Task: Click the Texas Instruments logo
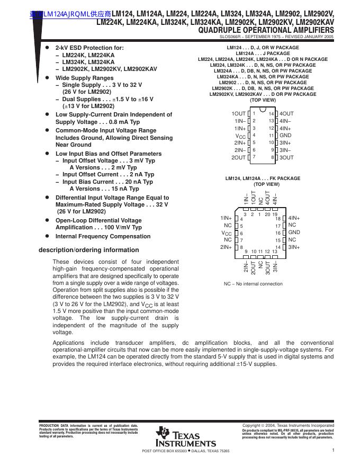[x=185, y=436]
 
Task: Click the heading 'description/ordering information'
[x=89, y=250]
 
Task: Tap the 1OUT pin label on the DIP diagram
[x=238, y=114]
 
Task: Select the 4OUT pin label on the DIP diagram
[x=286, y=114]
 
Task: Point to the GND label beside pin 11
[x=286, y=136]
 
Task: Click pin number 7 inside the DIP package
[x=254, y=157]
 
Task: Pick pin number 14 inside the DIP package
[x=271, y=114]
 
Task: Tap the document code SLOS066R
[x=230, y=38]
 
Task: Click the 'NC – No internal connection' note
[x=253, y=284]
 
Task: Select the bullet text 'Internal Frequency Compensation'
[x=103, y=236]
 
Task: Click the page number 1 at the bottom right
[x=334, y=450]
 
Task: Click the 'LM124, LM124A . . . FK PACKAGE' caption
[x=263, y=178]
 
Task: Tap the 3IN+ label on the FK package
[x=294, y=247]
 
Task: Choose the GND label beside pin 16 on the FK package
[x=294, y=232]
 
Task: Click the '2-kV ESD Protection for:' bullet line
[x=89, y=48]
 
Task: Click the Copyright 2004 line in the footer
[x=288, y=425]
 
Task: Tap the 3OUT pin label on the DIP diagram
[x=286, y=157]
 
